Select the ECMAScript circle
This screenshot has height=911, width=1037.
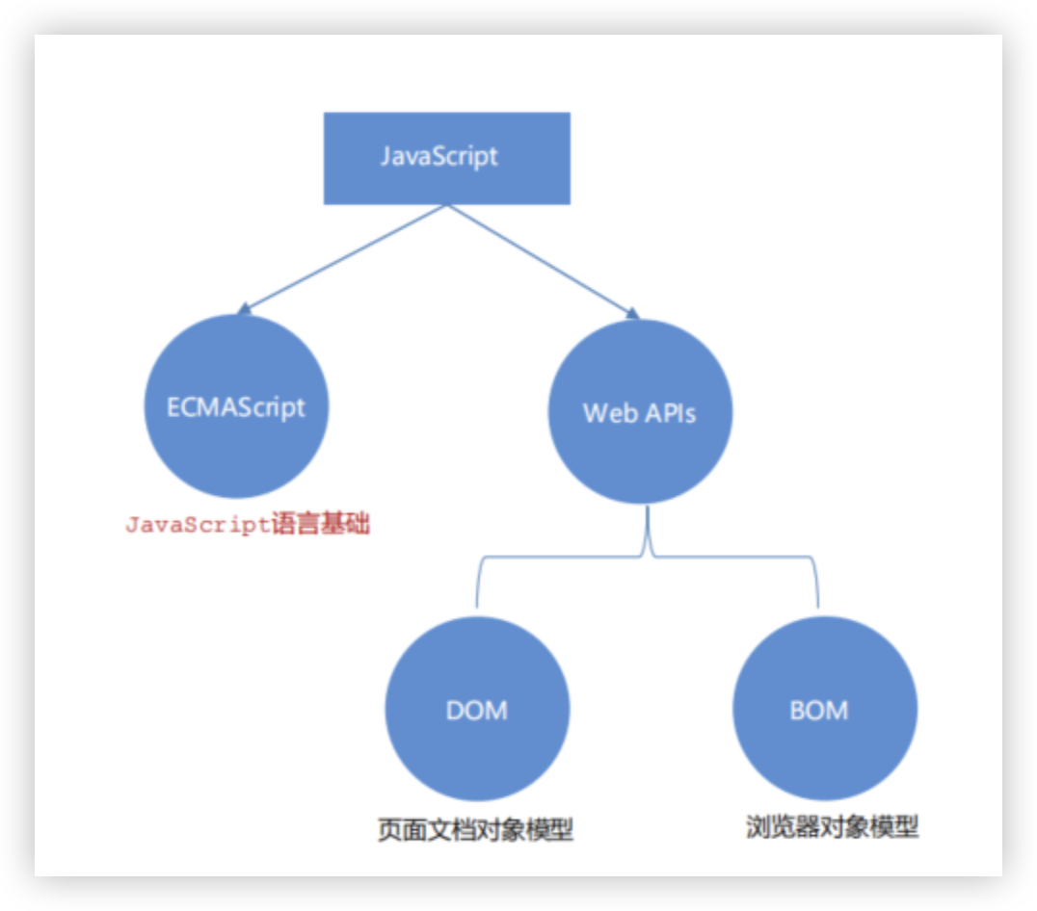tap(236, 406)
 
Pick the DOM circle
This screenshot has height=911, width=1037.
tap(477, 710)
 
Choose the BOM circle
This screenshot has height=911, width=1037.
tap(825, 710)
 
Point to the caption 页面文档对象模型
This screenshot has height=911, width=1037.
tap(476, 829)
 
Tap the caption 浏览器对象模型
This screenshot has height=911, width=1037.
tap(832, 826)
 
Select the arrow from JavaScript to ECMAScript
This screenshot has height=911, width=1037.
tap(342, 258)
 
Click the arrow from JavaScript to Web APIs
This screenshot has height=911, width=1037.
tap(543, 259)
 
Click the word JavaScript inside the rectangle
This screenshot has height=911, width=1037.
tap(439, 156)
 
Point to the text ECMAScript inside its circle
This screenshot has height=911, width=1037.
tap(236, 406)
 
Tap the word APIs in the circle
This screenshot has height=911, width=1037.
tap(668, 413)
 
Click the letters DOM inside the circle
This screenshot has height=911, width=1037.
tap(477, 711)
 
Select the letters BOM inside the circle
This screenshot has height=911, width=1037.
tap(819, 711)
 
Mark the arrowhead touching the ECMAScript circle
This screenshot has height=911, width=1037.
tap(245, 309)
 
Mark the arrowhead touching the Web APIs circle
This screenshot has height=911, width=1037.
tap(632, 312)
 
